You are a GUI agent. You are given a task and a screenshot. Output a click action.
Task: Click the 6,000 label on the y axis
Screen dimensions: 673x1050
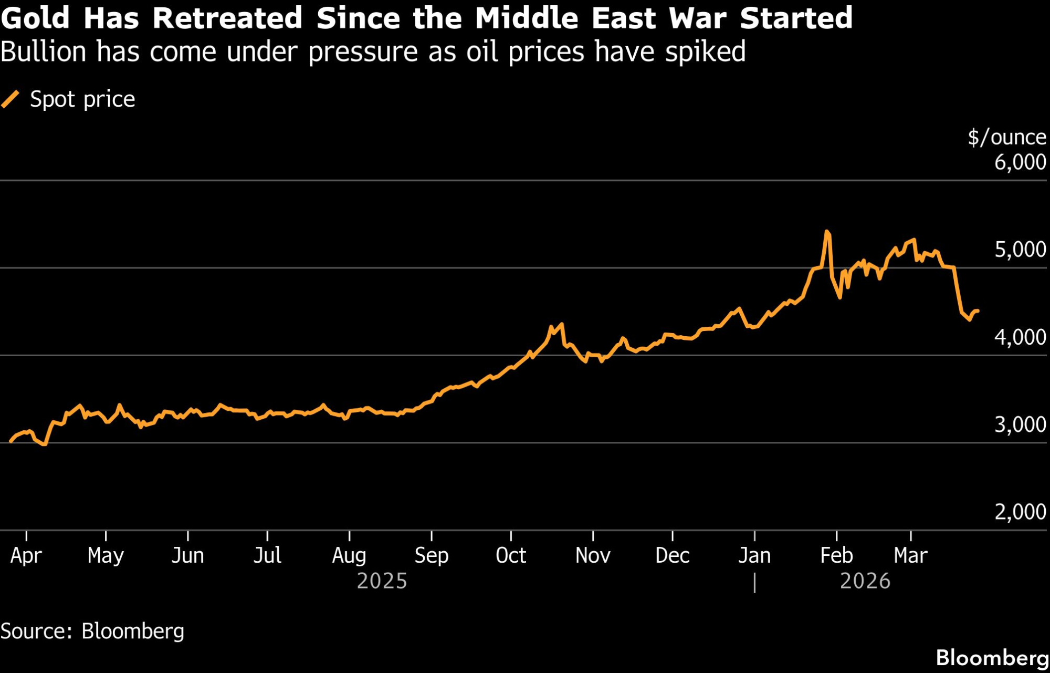click(x=1020, y=162)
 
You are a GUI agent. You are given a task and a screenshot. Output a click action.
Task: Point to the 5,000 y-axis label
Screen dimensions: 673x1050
click(x=1020, y=250)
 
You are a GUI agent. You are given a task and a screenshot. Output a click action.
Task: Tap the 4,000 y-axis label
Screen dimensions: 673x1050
click(x=1020, y=337)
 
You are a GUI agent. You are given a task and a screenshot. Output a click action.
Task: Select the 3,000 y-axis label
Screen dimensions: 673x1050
click(x=1020, y=424)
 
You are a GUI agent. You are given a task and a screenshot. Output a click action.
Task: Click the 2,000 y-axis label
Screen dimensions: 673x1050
click(x=1020, y=512)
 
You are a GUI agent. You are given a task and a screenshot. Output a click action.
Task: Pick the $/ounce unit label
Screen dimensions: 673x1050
click(x=1007, y=137)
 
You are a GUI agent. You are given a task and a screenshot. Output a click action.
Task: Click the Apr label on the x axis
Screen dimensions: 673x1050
click(x=26, y=555)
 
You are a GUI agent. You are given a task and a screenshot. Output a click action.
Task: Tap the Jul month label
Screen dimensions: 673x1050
click(x=267, y=555)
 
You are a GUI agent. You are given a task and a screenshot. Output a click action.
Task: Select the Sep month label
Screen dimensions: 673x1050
click(x=431, y=555)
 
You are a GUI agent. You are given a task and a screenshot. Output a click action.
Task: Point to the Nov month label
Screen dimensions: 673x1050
click(x=593, y=555)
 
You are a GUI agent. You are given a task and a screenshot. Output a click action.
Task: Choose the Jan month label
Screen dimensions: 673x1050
click(x=754, y=555)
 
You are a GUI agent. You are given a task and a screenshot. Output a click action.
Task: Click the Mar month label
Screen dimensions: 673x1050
click(x=910, y=555)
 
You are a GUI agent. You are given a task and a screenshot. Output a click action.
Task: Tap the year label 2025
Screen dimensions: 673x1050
click(x=382, y=581)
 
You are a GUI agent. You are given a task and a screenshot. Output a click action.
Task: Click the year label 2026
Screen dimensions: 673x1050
click(x=865, y=581)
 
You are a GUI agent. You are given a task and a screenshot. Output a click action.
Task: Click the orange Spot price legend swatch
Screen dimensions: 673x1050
click(x=10, y=99)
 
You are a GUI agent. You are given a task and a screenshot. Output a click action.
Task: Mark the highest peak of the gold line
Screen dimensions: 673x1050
click(x=827, y=231)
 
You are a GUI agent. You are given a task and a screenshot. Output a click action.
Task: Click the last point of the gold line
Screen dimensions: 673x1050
click(x=978, y=311)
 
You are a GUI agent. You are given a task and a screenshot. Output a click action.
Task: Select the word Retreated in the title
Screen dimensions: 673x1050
click(x=227, y=18)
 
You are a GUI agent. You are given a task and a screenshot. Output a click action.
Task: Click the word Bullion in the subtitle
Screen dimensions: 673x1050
click(x=43, y=52)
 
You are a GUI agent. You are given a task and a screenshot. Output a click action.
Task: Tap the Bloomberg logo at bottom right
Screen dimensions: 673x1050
click(x=992, y=658)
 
